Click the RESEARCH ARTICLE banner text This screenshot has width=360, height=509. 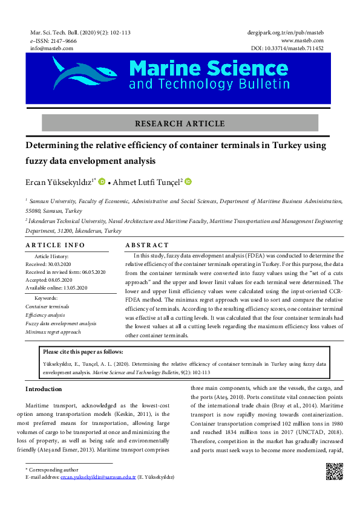point(180,123)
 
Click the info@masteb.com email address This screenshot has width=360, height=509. point(51,48)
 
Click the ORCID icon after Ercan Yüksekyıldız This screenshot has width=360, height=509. point(102,181)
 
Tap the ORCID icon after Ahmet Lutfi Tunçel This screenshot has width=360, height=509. point(188,181)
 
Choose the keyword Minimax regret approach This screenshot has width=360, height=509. point(53,332)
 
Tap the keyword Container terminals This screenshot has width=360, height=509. point(47,306)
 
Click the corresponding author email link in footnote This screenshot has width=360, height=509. point(103,477)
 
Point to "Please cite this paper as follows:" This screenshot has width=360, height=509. point(83,351)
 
